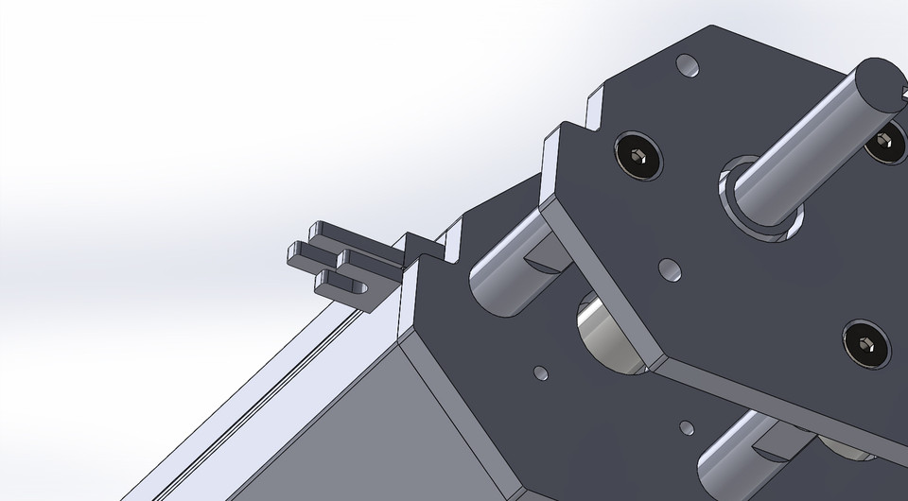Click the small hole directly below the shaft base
670,270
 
